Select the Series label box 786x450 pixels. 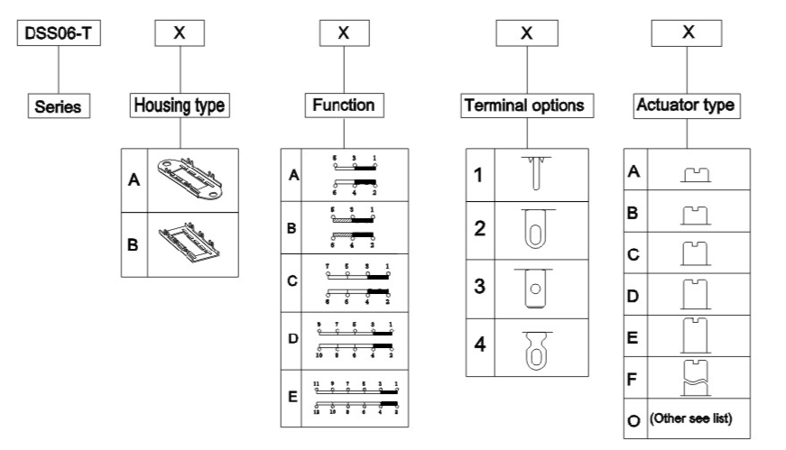(x=58, y=106)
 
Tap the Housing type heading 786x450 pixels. (x=180, y=106)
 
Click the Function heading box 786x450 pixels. (x=343, y=106)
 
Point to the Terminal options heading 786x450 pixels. (x=523, y=106)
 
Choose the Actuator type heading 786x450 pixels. (x=687, y=106)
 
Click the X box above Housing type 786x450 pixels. (x=180, y=33)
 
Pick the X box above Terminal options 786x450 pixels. (x=527, y=33)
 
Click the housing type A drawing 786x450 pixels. (x=190, y=179)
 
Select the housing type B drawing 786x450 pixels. (x=190, y=243)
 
